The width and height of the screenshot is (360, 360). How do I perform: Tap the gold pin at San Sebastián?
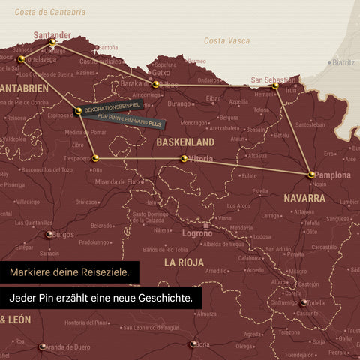tap(275, 86)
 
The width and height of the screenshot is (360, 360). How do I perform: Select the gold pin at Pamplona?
tap(311, 175)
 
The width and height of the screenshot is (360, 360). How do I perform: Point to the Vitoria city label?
tap(201, 159)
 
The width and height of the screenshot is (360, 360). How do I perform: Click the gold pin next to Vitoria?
tap(184, 158)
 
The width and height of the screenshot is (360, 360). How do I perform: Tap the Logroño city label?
tap(197, 233)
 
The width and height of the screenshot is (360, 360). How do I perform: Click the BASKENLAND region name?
tap(184, 142)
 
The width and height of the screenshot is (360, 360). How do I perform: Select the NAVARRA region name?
tap(304, 199)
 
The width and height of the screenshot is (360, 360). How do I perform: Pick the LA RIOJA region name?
tap(184, 262)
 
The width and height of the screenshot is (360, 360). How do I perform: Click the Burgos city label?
tap(63, 234)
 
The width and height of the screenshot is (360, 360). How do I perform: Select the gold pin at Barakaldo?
tap(155, 85)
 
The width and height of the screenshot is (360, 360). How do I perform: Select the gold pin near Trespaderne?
tap(95, 158)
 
